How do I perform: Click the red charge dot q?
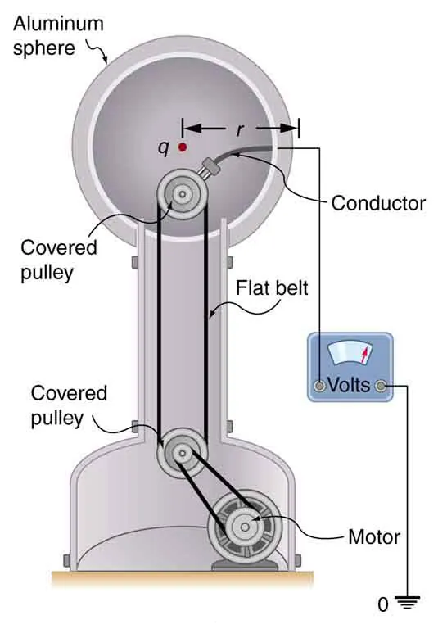pyautogui.click(x=182, y=147)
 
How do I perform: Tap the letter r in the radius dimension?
pyautogui.click(x=240, y=129)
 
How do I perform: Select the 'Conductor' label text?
pyautogui.click(x=378, y=203)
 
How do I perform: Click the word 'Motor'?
pyautogui.click(x=373, y=537)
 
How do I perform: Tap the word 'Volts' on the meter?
pyautogui.click(x=350, y=385)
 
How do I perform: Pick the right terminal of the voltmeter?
pyautogui.click(x=380, y=385)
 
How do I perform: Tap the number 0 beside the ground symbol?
pyautogui.click(x=382, y=606)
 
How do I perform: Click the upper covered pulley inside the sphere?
pyautogui.click(x=182, y=194)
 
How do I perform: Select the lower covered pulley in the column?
pyautogui.click(x=181, y=451)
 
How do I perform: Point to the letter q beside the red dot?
pyautogui.click(x=165, y=148)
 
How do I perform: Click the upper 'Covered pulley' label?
pyautogui.click(x=59, y=259)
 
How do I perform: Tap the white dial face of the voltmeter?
pyautogui.click(x=350, y=355)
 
